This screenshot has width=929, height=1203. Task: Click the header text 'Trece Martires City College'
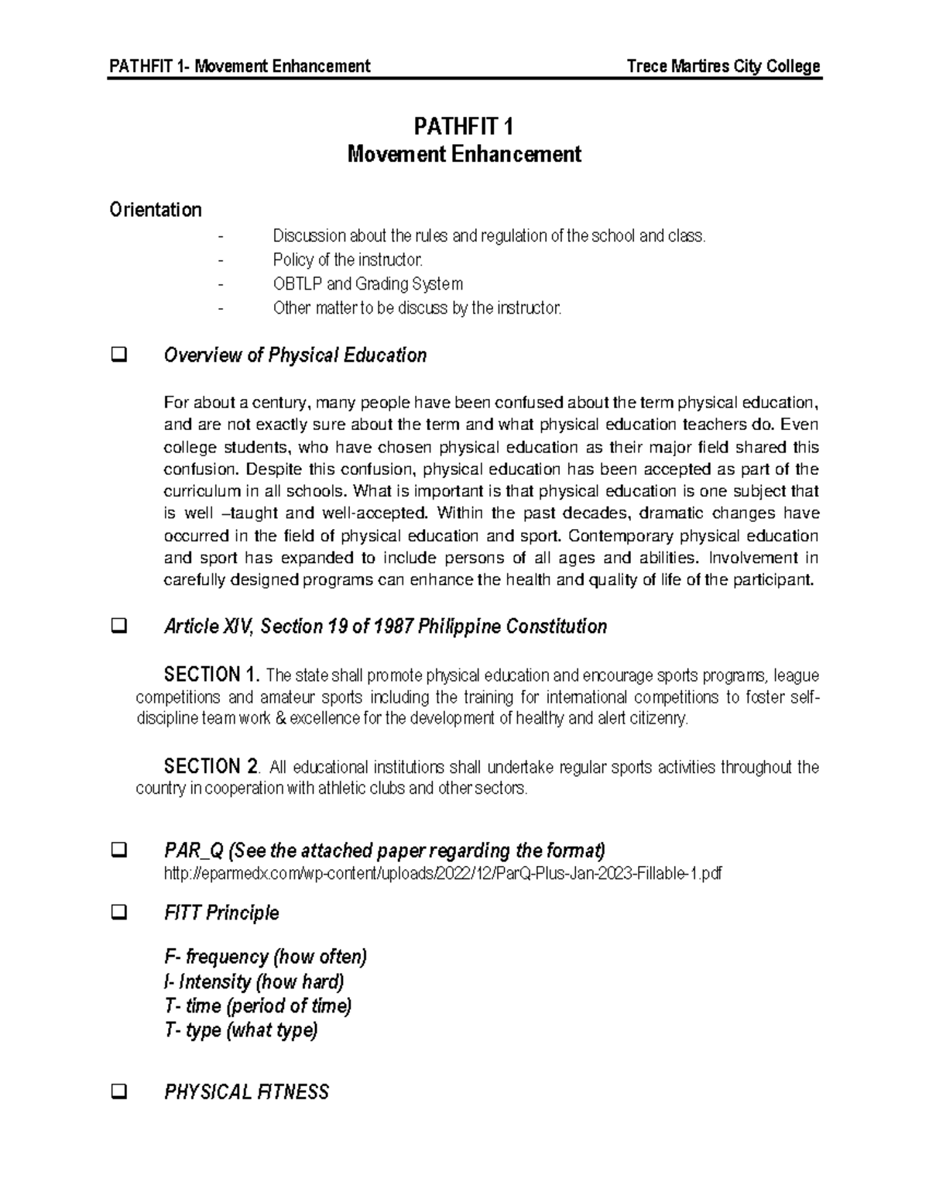(x=723, y=66)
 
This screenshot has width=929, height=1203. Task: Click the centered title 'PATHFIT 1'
(x=464, y=126)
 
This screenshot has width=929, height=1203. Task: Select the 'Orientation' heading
(x=156, y=210)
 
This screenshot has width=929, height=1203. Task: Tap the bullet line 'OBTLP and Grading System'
(x=368, y=284)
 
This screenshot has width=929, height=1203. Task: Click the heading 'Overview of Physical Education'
(x=295, y=356)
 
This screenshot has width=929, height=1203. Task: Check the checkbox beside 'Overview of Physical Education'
(x=120, y=356)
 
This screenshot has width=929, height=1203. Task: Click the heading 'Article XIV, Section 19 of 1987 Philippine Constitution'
(x=385, y=627)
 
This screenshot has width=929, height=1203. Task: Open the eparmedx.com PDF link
(x=444, y=874)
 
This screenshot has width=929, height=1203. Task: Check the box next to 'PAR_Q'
(x=120, y=851)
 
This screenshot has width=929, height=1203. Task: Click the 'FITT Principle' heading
(x=221, y=913)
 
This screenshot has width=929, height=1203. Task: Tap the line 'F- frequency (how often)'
(x=266, y=957)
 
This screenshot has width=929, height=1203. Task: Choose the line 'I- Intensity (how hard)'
(x=254, y=982)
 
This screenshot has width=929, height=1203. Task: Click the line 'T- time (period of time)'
(x=258, y=1006)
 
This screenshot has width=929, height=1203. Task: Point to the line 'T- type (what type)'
(x=241, y=1031)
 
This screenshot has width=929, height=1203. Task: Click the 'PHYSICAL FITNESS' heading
(x=246, y=1092)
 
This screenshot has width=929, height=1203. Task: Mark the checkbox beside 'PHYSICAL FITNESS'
(x=120, y=1093)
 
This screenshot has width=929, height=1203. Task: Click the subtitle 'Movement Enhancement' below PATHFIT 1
(x=464, y=154)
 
